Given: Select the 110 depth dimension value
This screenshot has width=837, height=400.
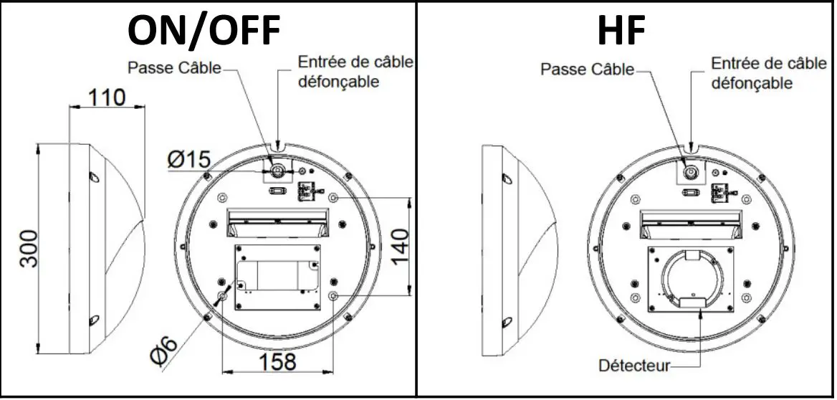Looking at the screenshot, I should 106,97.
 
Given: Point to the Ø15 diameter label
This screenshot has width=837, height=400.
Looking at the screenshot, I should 188,160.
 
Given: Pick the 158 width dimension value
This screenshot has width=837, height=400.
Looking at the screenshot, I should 276,361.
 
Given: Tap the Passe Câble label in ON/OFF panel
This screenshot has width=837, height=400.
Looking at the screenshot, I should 174,69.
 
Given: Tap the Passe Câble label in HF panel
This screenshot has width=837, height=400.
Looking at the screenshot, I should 588,69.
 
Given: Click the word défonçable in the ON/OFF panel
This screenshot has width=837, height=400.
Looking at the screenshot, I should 338,82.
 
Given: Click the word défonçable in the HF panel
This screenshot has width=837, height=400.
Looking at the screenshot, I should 752,83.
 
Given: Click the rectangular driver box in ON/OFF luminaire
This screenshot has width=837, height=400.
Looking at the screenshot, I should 277,277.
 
